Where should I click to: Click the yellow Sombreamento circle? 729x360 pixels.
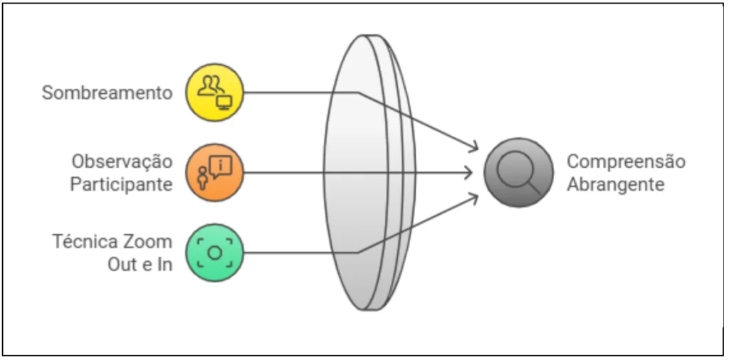[215, 92]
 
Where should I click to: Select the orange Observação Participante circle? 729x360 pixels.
[215, 173]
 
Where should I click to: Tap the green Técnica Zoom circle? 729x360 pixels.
[215, 253]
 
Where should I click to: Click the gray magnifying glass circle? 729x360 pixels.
[519, 172]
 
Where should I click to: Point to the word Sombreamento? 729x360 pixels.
[107, 93]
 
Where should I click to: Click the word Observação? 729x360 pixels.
[122, 162]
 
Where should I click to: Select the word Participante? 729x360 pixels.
[121, 185]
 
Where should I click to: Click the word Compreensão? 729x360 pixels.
[626, 162]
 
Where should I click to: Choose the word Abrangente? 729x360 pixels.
[616, 185]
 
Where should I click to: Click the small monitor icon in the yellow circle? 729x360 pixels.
[224, 102]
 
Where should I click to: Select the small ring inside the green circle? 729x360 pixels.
[215, 253]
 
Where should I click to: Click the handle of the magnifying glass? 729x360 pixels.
[535, 188]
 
